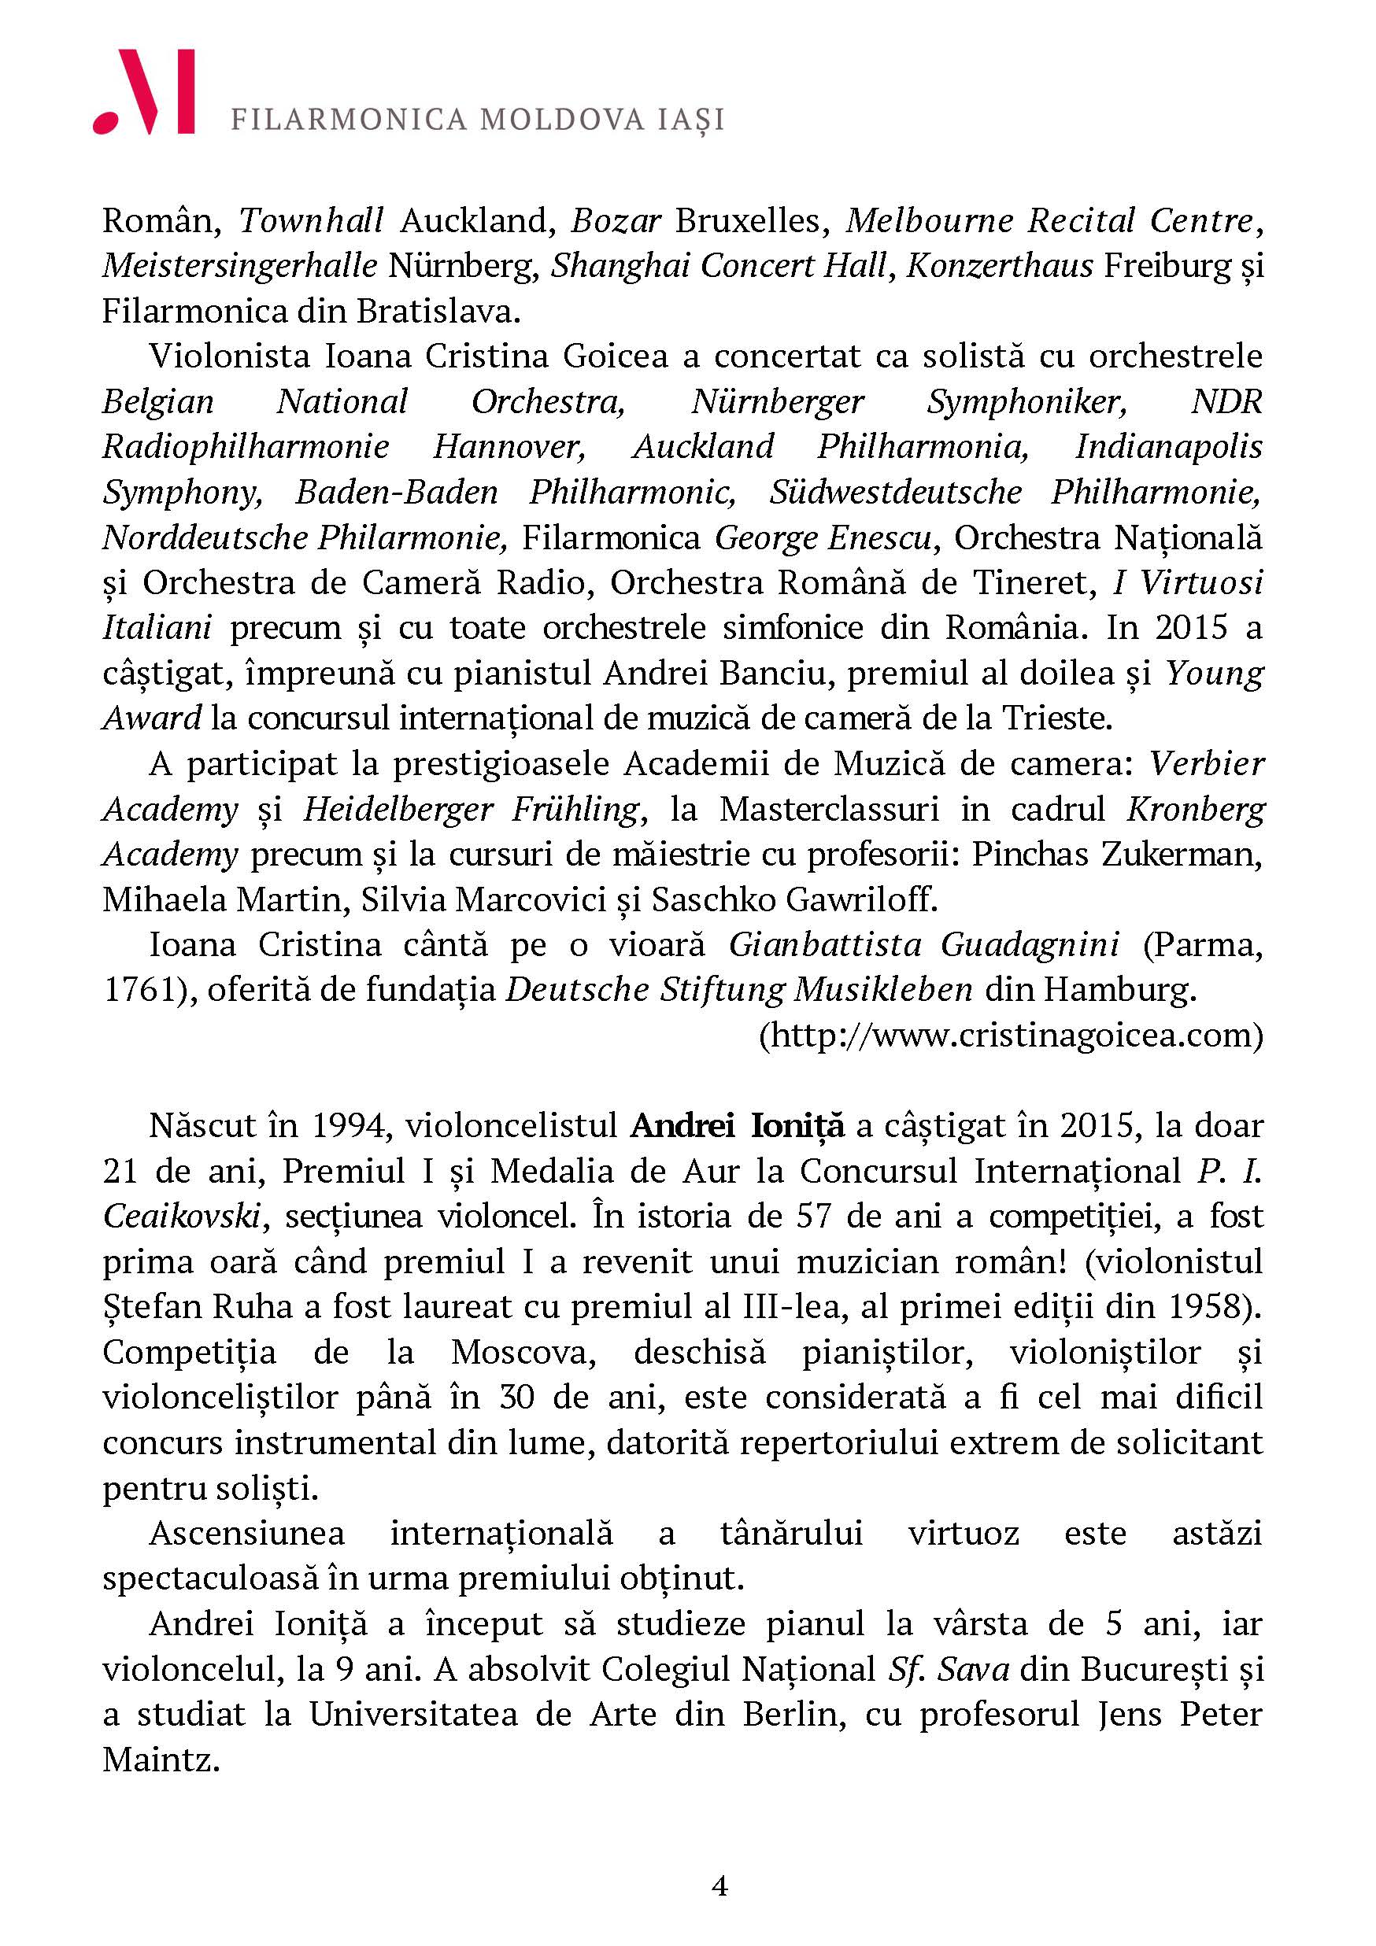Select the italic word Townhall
tap(311, 220)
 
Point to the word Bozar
tap(616, 220)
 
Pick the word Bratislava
tap(433, 311)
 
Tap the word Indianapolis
tap(1168, 447)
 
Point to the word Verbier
tap(1207, 763)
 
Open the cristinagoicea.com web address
tap(1011, 1036)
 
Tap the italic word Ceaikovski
tap(181, 1217)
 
